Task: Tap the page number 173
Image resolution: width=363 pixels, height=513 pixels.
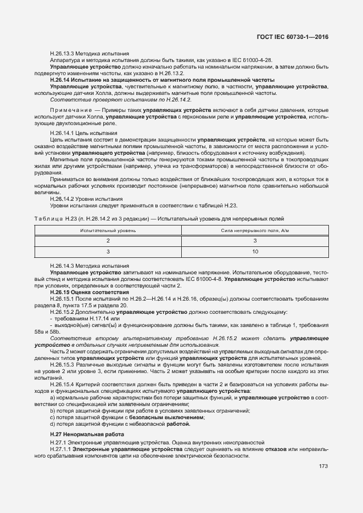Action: pos(323,467)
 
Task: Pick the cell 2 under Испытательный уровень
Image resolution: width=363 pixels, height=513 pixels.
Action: pos(108,241)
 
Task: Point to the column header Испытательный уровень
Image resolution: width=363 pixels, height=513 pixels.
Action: pos(108,230)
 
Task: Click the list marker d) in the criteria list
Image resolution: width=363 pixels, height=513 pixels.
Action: pos(52,424)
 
